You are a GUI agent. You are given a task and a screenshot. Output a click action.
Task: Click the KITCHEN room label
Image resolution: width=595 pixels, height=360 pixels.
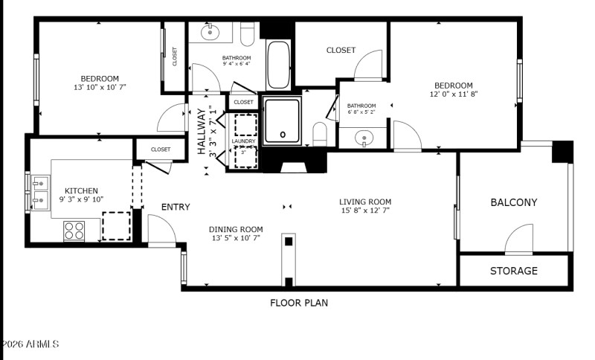coord(81,191)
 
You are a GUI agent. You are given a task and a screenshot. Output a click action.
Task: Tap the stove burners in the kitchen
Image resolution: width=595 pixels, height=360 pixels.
coord(74,231)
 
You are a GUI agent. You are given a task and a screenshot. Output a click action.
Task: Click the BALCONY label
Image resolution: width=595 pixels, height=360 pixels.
coord(513,202)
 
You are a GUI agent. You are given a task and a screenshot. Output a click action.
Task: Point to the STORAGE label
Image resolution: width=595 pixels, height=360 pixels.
coord(513,271)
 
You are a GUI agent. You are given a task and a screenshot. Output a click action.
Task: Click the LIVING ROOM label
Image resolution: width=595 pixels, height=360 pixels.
coord(365,202)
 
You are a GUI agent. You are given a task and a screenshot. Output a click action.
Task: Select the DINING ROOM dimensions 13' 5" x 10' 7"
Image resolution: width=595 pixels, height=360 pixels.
coord(236,239)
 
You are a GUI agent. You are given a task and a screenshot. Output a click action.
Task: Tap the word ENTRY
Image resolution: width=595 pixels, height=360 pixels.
coord(176,208)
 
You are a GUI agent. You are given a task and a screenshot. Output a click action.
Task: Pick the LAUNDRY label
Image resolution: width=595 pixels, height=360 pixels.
coord(243,141)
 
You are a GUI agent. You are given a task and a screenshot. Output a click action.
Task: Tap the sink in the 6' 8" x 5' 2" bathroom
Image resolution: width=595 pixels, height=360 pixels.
coord(363,137)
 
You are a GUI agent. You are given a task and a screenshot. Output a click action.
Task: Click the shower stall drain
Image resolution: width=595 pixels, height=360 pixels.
coord(283,135)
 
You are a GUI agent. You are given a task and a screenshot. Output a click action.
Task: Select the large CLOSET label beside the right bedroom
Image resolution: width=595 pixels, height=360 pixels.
coord(341,50)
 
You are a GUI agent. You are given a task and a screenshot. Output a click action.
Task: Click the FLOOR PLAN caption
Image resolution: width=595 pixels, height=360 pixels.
coord(298,303)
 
